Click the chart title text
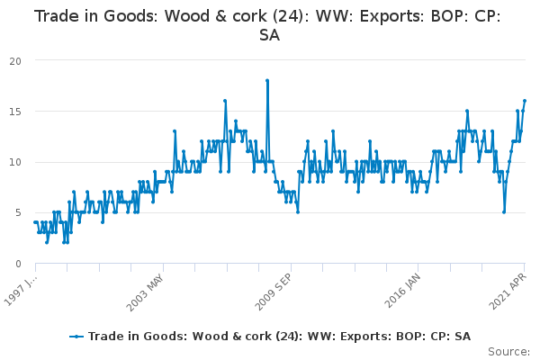coord(267,25)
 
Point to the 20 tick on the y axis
coord(15,61)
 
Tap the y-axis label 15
coord(15,112)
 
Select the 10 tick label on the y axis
coord(15,162)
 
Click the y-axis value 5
coord(19,213)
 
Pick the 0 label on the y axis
coord(19,264)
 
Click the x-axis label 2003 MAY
coord(145,292)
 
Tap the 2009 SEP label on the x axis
coord(274,292)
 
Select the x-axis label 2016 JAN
coord(402,291)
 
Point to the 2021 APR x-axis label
coord(508,291)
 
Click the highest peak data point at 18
coord(267,81)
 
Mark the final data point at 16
coord(525,101)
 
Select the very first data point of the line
coord(35,222)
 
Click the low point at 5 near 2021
coord(504,212)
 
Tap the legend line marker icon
coord(76,337)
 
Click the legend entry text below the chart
coord(279,337)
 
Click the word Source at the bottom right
coord(508,352)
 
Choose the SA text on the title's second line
coord(269,35)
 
